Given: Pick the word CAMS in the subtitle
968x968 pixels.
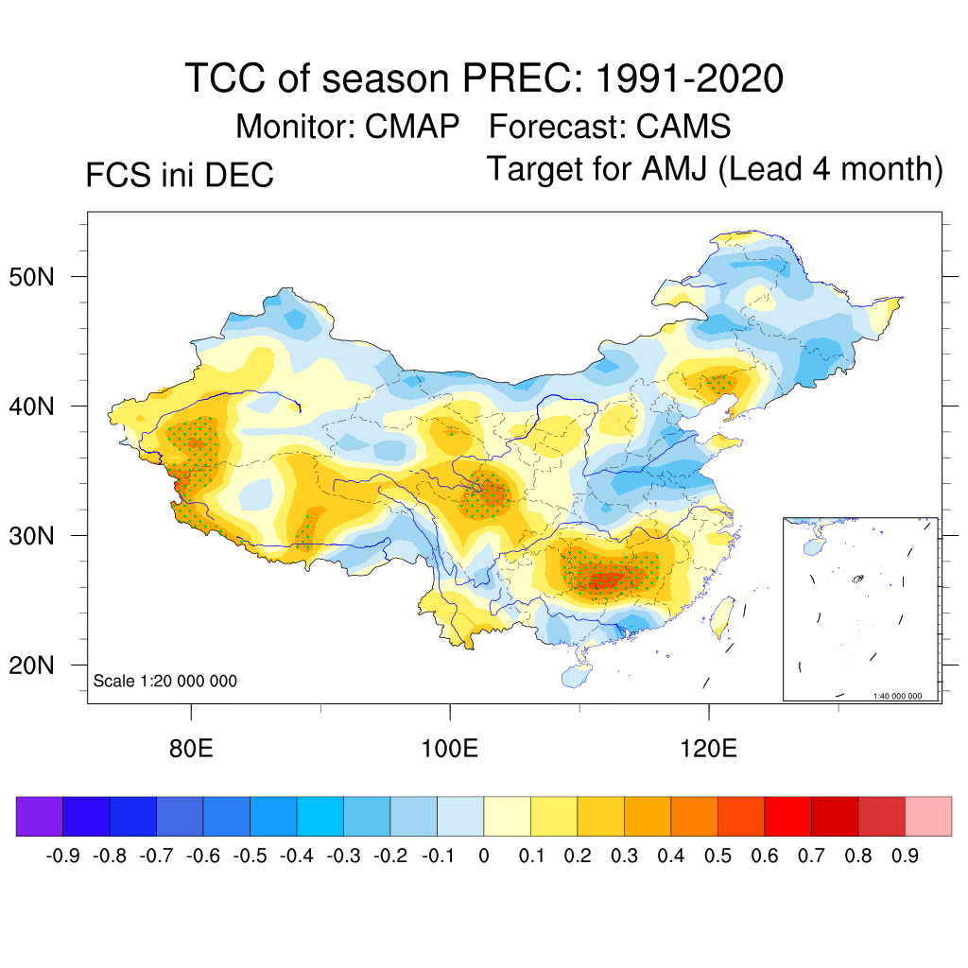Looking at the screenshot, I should (683, 127).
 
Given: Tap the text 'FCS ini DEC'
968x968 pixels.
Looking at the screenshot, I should (180, 175).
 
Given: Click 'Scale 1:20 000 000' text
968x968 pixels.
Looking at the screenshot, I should (165, 682).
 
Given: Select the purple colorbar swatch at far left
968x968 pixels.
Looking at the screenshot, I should (40, 816).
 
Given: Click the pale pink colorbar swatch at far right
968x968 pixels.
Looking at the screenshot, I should (928, 816).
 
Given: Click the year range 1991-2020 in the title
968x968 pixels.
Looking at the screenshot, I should (689, 78).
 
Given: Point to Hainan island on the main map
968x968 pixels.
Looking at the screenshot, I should (575, 676).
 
